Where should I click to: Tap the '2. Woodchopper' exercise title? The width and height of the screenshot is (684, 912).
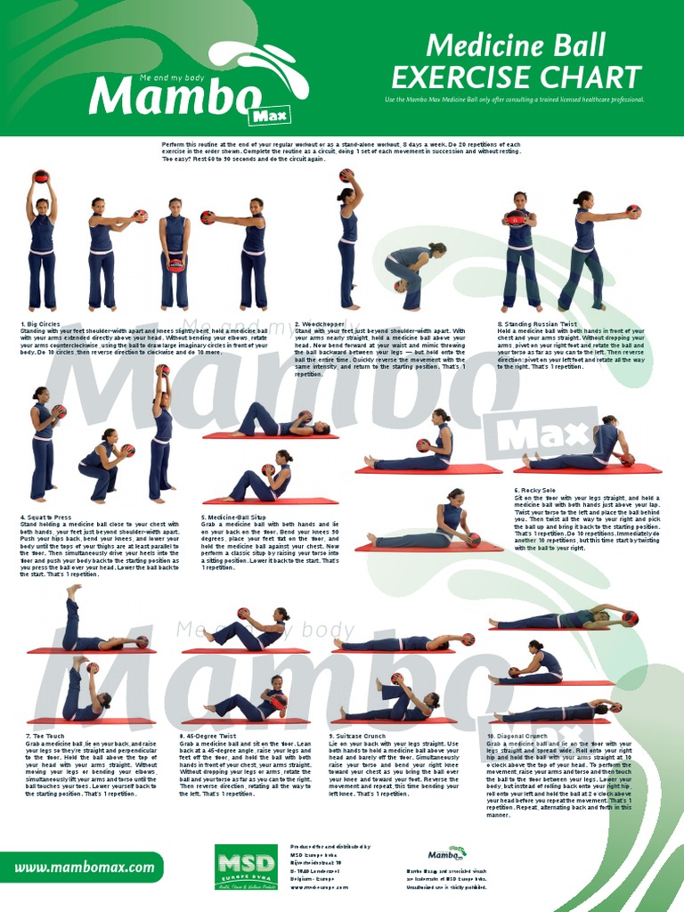click(321, 324)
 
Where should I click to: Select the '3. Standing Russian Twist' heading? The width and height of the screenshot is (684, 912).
click(537, 324)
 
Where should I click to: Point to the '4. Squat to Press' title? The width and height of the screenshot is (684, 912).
click(47, 517)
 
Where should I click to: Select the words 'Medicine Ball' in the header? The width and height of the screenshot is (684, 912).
click(516, 45)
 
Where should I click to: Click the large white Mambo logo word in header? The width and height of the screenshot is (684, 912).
click(169, 93)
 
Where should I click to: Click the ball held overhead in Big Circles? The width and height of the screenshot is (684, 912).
click(40, 176)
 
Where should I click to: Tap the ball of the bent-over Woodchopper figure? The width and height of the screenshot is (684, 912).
click(401, 286)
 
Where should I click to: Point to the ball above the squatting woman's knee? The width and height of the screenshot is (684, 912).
click(127, 450)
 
